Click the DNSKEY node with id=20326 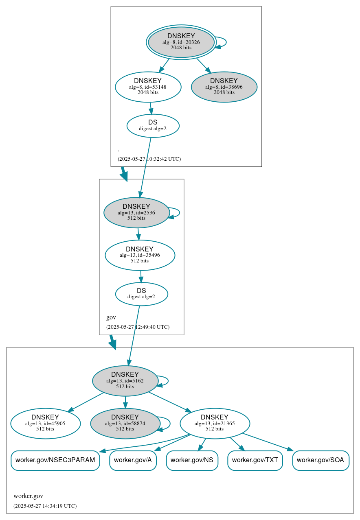tap(181, 42)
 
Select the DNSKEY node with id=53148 tap(148, 87)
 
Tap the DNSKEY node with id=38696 tap(224, 87)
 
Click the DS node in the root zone tap(153, 126)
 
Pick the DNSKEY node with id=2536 tap(136, 212)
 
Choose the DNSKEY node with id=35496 tap(140, 255)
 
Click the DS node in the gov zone tap(141, 294)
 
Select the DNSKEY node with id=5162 tap(125, 380)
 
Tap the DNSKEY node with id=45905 tap(45, 424)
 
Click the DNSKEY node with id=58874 tap(125, 424)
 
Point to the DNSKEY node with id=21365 tap(215, 424)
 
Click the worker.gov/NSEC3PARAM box tap(55, 460)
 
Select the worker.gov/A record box tap(133, 460)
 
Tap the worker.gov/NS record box tap(192, 460)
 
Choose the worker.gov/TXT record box tap(255, 460)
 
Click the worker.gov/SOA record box tap(320, 460)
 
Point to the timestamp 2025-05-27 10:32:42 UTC tap(149, 159)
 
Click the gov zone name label tap(111, 317)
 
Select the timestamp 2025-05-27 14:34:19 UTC tap(45, 506)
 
